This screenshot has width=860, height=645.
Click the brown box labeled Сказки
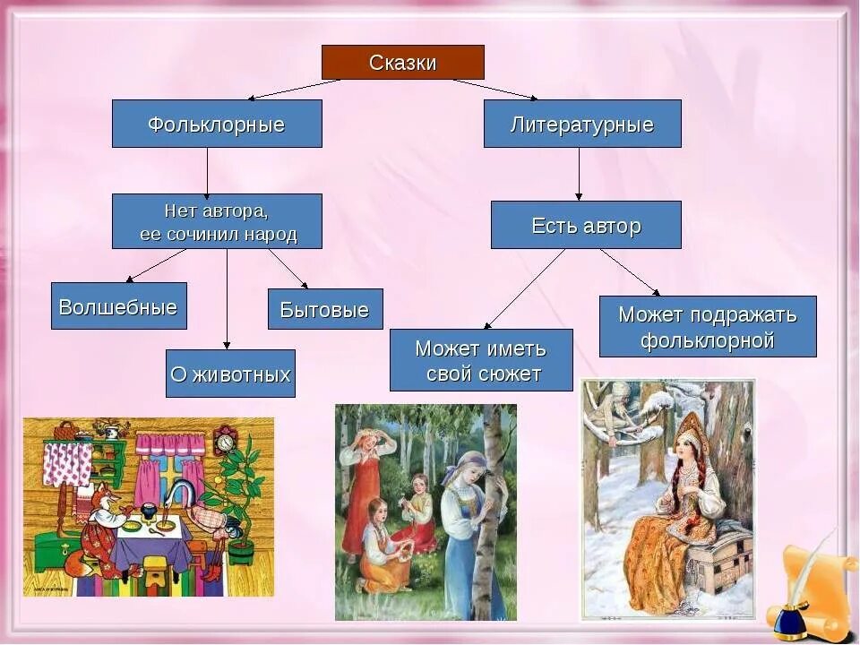coord(403,63)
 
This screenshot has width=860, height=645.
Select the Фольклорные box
coord(217,124)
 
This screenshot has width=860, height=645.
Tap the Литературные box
coord(582,124)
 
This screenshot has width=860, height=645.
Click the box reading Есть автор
coord(586,225)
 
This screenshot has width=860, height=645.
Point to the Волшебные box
coord(118,306)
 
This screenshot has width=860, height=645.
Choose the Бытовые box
coord(325,309)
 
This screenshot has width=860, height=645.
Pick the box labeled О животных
coord(230,374)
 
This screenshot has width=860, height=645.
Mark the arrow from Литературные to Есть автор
coord(579,174)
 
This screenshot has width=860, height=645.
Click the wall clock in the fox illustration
coord(224,440)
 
